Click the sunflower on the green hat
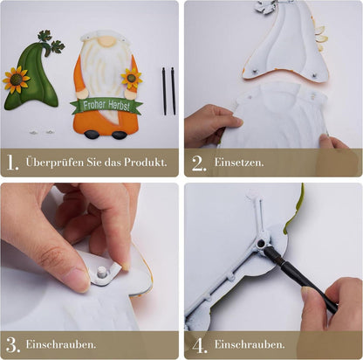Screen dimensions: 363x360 click(16, 80)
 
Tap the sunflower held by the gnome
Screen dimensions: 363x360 click(132, 78)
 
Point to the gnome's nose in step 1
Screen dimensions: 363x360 click(106, 42)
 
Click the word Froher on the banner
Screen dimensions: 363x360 click(94, 105)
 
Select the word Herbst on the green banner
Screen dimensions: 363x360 click(119, 106)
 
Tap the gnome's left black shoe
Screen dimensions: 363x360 click(92, 134)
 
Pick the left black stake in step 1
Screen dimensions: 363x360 click(164, 91)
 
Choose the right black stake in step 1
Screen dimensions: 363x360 click(173, 91)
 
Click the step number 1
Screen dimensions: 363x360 click(12, 163)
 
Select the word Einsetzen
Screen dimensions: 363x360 click(239, 163)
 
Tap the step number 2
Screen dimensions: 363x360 click(199, 163)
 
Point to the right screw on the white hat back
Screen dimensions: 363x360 click(314, 76)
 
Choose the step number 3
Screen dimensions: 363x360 click(13, 345)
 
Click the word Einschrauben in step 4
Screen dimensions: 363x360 click(250, 344)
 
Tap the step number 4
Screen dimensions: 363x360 click(200, 346)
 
